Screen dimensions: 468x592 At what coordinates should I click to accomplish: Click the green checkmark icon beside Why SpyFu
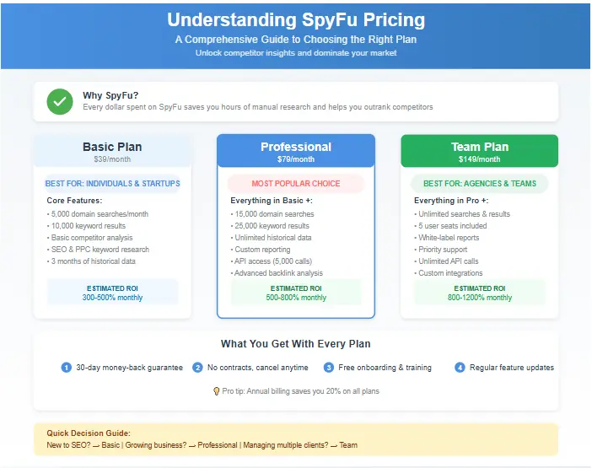(59, 101)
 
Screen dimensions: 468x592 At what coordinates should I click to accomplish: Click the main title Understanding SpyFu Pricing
(296, 20)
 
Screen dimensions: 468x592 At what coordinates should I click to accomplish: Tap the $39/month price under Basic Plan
(112, 159)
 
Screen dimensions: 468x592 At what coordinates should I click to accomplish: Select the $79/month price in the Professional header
(295, 159)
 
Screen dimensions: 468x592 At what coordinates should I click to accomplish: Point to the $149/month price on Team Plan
(479, 159)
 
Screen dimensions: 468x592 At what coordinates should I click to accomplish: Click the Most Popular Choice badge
(295, 183)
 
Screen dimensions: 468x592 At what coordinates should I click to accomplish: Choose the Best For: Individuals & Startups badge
(112, 183)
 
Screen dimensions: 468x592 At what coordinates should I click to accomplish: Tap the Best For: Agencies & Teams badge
(479, 183)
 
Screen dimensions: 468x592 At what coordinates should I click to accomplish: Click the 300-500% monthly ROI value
(112, 298)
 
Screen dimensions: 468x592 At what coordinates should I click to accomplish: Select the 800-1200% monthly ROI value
(479, 298)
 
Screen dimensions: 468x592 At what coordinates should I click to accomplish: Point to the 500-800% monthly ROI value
(295, 298)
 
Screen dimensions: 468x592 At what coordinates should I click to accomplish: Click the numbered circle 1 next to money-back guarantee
(67, 368)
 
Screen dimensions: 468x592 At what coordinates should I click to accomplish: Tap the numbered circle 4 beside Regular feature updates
(460, 368)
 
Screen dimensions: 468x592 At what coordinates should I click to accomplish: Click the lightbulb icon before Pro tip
(216, 391)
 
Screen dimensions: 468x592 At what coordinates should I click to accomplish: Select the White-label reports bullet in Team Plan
(449, 238)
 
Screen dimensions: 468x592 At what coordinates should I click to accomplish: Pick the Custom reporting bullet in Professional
(262, 250)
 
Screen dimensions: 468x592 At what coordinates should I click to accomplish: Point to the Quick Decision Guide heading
(83, 433)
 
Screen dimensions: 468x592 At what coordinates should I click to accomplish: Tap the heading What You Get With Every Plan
(295, 344)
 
